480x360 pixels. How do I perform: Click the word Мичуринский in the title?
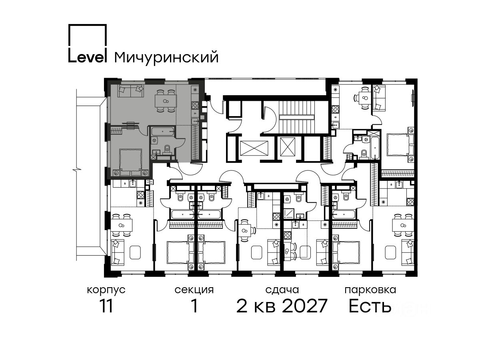(x=166, y=58)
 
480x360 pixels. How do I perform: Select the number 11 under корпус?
(x=106, y=306)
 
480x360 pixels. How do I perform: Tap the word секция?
(x=194, y=290)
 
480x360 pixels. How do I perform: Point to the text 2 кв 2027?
(x=282, y=306)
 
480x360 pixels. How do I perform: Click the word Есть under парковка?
(x=370, y=306)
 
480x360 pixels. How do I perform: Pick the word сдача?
(x=282, y=290)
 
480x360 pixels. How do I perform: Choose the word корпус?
(x=106, y=290)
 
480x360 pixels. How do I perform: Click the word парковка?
(x=370, y=290)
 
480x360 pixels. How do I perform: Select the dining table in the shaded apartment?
(x=166, y=101)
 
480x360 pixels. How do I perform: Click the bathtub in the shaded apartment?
(x=163, y=132)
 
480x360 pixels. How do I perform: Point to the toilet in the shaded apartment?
(x=167, y=148)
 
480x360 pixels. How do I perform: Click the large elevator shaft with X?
(x=254, y=148)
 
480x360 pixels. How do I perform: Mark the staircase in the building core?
(x=296, y=117)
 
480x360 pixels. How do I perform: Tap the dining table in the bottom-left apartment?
(x=122, y=225)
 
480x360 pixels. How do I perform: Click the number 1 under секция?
(x=194, y=306)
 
